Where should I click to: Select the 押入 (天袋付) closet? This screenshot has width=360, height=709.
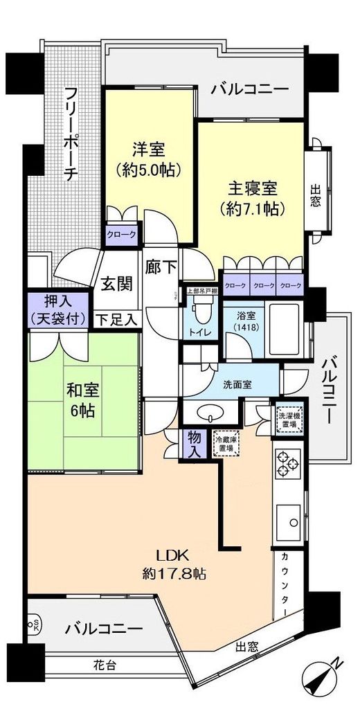coord(59,309)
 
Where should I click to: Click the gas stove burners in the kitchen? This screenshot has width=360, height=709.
coord(287,463)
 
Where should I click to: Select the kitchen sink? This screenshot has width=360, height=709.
coord(289,519)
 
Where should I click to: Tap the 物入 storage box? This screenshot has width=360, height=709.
coord(193,442)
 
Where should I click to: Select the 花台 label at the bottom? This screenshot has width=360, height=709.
coord(106,665)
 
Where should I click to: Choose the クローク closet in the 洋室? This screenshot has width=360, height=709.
coord(121,235)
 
